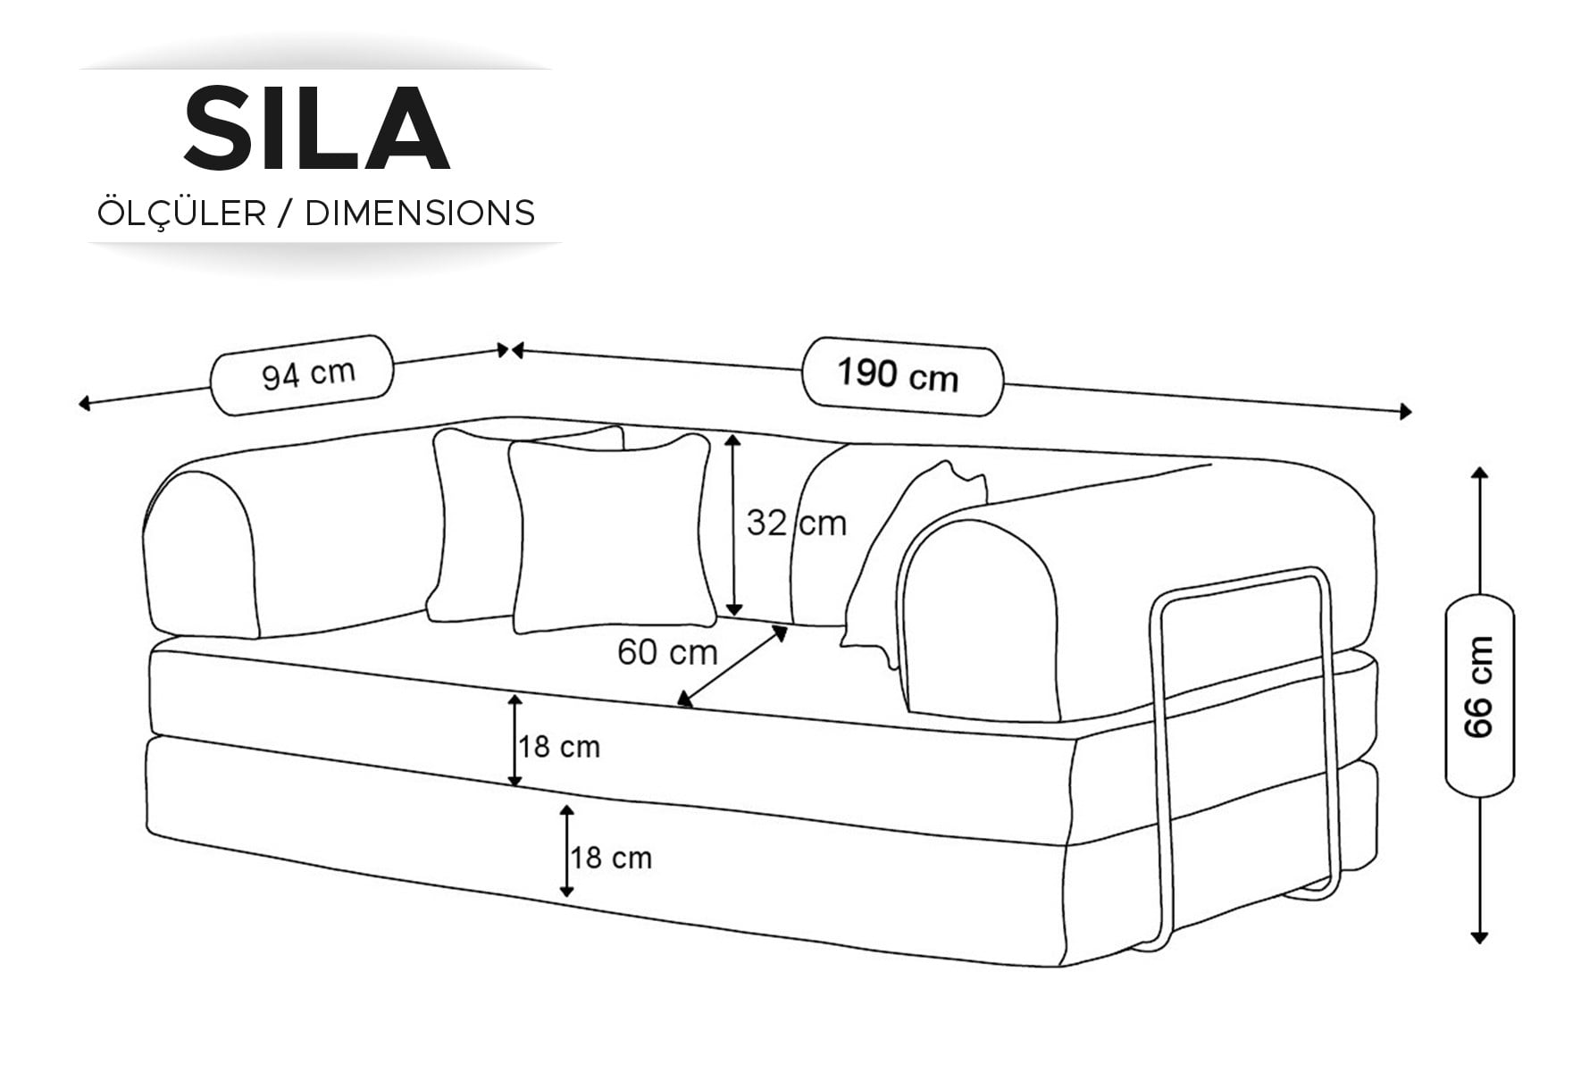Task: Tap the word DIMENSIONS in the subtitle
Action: (x=420, y=214)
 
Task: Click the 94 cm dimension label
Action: (x=308, y=374)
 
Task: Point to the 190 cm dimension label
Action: (x=898, y=375)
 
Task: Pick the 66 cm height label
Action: (x=1479, y=686)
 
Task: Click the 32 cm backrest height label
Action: (x=796, y=523)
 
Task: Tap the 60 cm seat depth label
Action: (x=667, y=652)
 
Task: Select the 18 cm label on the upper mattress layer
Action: (x=560, y=747)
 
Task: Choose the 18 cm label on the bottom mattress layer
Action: (x=611, y=858)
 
